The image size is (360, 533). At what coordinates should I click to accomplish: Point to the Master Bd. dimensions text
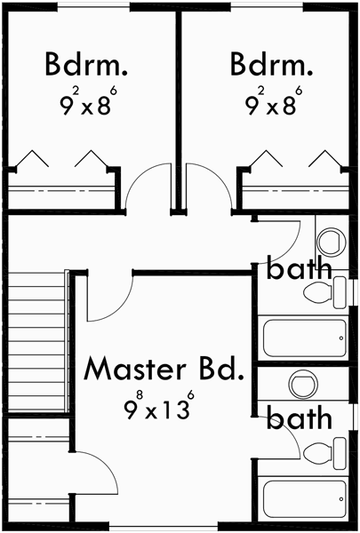pyautogui.click(x=159, y=408)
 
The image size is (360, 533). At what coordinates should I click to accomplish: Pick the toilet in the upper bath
pyautogui.click(x=324, y=291)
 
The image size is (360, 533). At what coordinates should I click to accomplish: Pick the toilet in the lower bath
pyautogui.click(x=324, y=451)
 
